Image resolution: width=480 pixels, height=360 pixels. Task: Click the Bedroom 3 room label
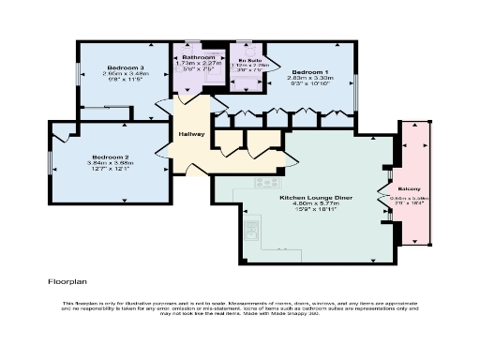tap(125, 68)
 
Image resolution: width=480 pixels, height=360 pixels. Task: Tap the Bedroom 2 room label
tap(110, 157)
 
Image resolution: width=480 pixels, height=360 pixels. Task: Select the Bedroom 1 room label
tap(309, 72)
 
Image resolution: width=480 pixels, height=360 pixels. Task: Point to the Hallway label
tap(192, 134)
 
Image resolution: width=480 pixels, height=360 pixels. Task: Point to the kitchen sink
tap(251, 226)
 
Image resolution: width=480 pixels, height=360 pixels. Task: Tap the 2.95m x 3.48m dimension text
tap(125, 76)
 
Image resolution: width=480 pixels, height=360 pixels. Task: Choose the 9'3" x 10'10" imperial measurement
tap(309, 86)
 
